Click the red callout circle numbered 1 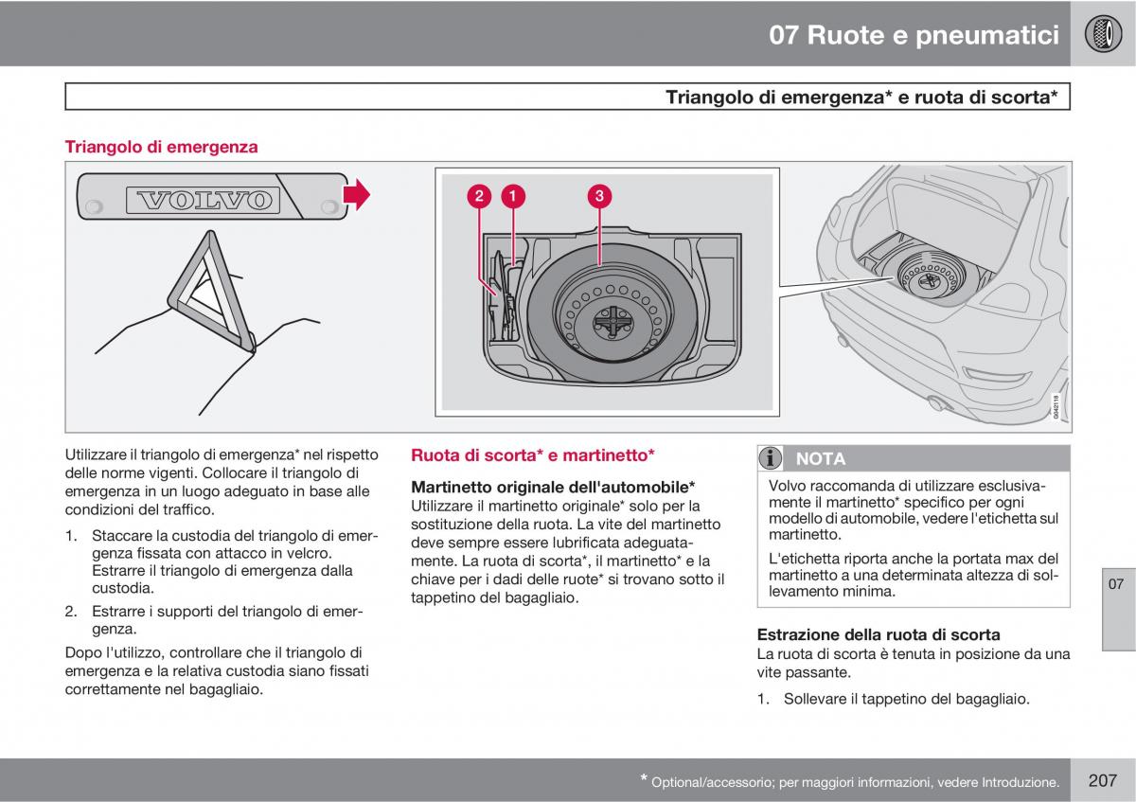[512, 196]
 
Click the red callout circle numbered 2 [480, 196]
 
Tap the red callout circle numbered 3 [598, 196]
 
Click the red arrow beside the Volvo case [357, 195]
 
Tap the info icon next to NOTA [772, 458]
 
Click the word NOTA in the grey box [821, 458]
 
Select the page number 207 [1103, 780]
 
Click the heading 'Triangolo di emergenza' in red [161, 147]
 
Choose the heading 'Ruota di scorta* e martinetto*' [533, 455]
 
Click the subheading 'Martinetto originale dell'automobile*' [553, 487]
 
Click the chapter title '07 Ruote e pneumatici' [914, 36]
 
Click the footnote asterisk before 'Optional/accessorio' [644, 779]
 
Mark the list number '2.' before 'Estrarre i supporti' [71, 612]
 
